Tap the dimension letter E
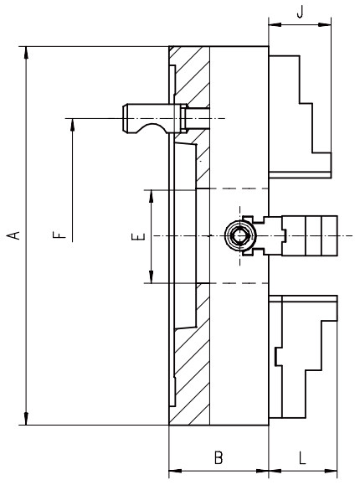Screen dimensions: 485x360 pos(139,237)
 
